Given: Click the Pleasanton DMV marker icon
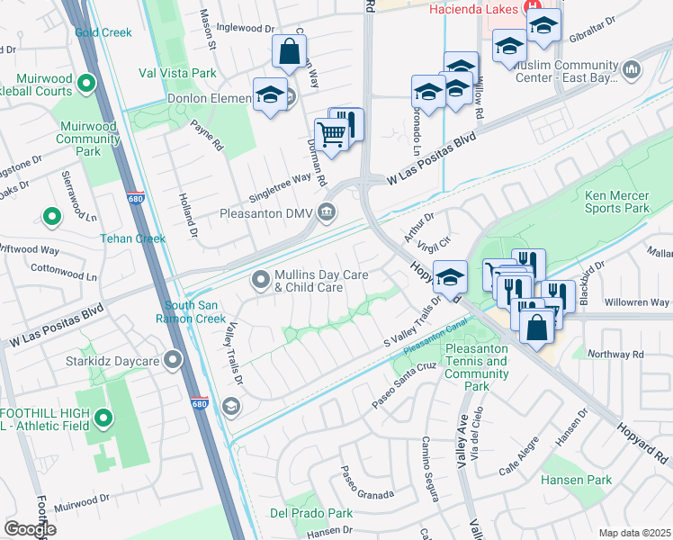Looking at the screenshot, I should (327, 213).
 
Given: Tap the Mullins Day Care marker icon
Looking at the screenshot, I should (261, 281).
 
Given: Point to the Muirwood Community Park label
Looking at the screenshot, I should (88, 139).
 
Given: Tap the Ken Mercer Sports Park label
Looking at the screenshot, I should (617, 202).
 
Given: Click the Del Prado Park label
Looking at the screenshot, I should (311, 513).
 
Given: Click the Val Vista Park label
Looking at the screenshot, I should (178, 72).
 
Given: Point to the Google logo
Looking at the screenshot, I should (30, 529).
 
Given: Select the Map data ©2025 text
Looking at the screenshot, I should (634, 533).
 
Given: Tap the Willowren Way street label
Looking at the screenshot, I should (637, 301).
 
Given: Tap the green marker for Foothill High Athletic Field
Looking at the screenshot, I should (103, 418).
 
